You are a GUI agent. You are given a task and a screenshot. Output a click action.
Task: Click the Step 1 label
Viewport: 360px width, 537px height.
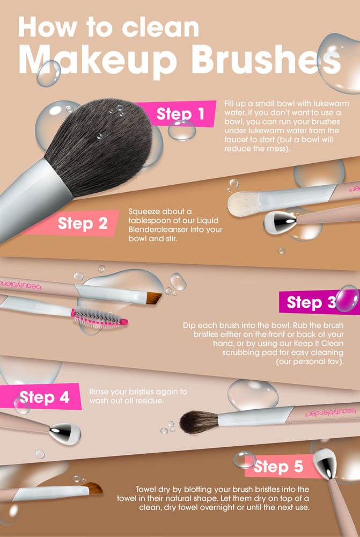click(180, 113)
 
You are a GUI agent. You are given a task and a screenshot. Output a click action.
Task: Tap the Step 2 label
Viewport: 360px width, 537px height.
click(83, 223)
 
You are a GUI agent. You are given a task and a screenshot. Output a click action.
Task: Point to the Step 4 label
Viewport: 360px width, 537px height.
click(45, 397)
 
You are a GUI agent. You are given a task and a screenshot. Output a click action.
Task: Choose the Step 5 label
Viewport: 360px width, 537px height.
click(278, 467)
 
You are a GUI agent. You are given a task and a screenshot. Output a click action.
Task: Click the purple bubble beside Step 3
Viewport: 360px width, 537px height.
click(347, 299)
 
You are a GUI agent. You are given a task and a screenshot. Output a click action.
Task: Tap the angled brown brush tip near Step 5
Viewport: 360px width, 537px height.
click(94, 488)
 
